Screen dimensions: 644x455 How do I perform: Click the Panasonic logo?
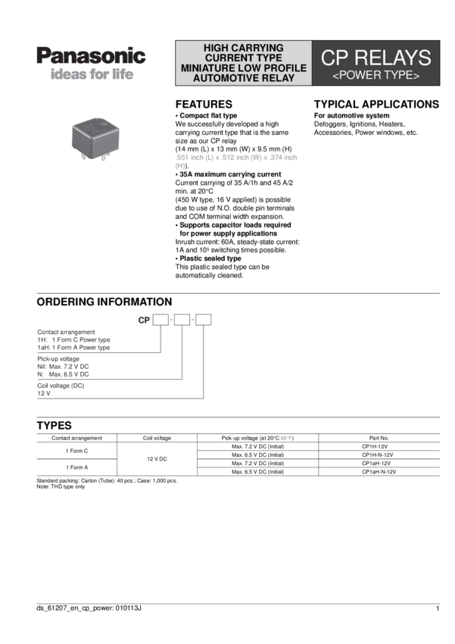pyautogui.click(x=91, y=56)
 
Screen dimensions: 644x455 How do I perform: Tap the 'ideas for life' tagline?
pyautogui.click(x=91, y=76)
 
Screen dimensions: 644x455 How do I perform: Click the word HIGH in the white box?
pyautogui.click(x=220, y=47)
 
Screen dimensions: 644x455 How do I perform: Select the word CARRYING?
pyautogui.click(x=262, y=47)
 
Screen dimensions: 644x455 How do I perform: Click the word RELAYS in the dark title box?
pyautogui.click(x=391, y=58)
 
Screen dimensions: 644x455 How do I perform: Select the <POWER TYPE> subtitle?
pyautogui.click(x=376, y=76)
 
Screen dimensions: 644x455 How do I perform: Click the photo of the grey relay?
pyautogui.click(x=93, y=136)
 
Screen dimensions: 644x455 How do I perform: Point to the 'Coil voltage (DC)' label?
pyautogui.click(x=61, y=386)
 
